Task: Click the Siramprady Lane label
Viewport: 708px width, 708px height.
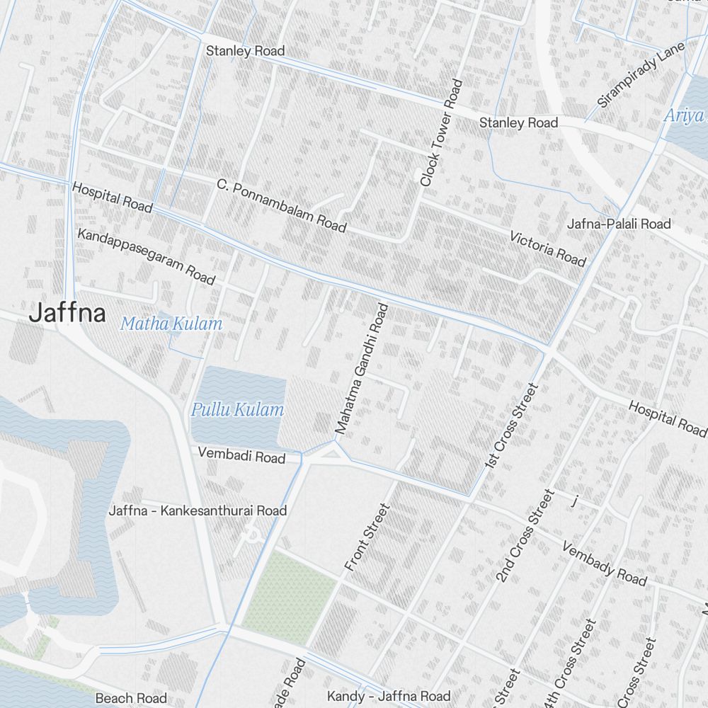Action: [x=641, y=74]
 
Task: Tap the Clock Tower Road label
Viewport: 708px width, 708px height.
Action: [x=440, y=133]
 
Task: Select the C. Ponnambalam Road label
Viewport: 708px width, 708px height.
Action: [x=282, y=206]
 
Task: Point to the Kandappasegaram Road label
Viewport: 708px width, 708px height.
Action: [x=147, y=256]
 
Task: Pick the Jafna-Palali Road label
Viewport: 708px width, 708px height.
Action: [x=619, y=224]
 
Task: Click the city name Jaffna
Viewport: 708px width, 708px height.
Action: [x=67, y=314]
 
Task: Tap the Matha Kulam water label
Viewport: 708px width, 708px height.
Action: [x=171, y=324]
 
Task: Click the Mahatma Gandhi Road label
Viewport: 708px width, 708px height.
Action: [x=362, y=369]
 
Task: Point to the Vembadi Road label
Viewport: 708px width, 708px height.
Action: [x=241, y=457]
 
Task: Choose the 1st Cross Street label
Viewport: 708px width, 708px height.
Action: [x=513, y=426]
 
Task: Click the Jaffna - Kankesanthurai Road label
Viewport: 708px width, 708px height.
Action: [x=198, y=510]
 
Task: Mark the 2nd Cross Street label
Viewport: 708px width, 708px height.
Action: [x=524, y=535]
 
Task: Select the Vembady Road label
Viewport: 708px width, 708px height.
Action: [x=604, y=564]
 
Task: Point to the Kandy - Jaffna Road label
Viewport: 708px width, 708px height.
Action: [x=389, y=697]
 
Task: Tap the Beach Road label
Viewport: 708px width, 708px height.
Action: [x=131, y=699]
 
